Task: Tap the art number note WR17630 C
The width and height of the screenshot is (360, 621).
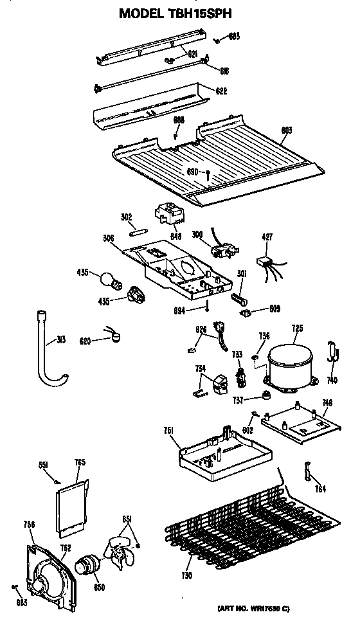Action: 290,607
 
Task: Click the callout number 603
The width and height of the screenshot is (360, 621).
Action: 286,130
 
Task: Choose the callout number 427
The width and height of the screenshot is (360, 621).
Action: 267,238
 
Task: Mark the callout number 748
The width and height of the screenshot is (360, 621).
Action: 327,404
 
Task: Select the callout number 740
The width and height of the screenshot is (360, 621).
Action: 332,380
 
